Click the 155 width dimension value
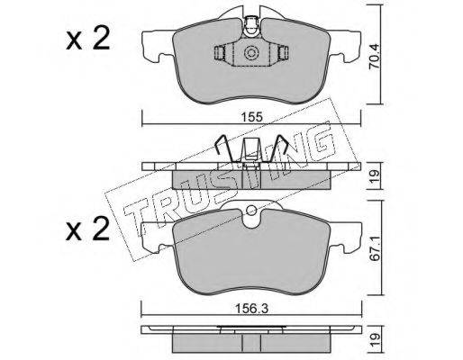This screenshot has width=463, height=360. [x=251, y=116]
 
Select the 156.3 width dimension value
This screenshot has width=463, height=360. [x=251, y=309]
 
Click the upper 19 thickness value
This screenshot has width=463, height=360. [x=374, y=175]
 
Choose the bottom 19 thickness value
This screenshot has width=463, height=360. [x=374, y=341]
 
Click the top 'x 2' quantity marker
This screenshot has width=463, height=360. [x=87, y=40]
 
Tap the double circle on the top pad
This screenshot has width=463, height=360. [x=251, y=53]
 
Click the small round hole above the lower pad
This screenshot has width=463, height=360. [x=250, y=210]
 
